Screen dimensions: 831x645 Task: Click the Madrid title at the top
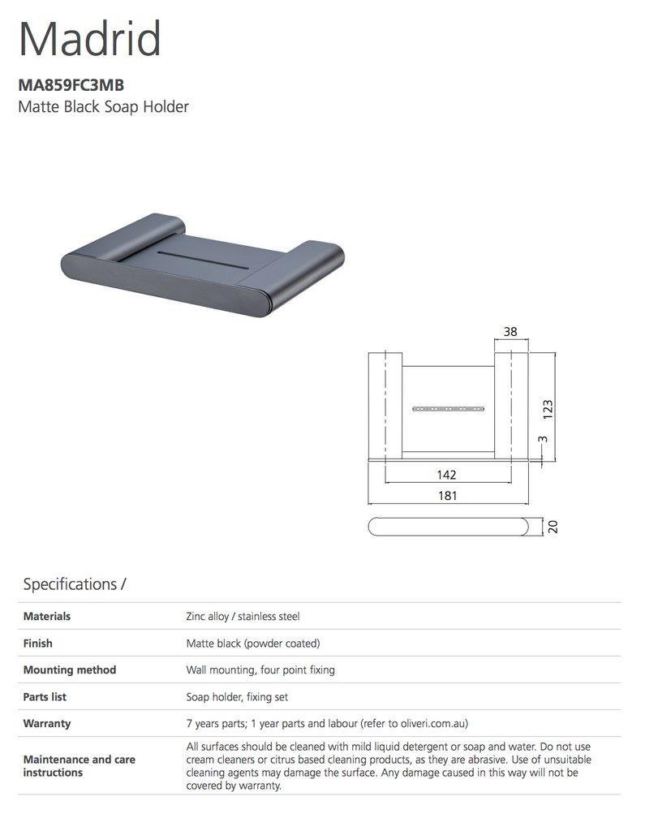click(89, 38)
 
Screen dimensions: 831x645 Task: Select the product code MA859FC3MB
click(71, 84)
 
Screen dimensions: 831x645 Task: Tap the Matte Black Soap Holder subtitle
click(103, 106)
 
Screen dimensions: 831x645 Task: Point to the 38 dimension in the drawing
click(510, 331)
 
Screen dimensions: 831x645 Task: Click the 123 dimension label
click(548, 407)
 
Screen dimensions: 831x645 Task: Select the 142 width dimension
click(446, 475)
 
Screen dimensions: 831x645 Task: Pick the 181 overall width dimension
click(447, 495)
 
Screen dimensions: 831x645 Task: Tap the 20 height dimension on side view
click(553, 526)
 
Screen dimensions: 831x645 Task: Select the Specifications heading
click(74, 584)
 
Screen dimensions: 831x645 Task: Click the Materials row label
click(47, 617)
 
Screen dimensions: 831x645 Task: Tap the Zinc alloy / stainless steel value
click(243, 617)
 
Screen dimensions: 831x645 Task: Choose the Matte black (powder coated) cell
click(253, 644)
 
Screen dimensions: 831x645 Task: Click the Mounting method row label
click(70, 670)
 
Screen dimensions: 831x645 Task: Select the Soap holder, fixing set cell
click(237, 697)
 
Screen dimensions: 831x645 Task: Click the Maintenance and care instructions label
click(80, 766)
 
